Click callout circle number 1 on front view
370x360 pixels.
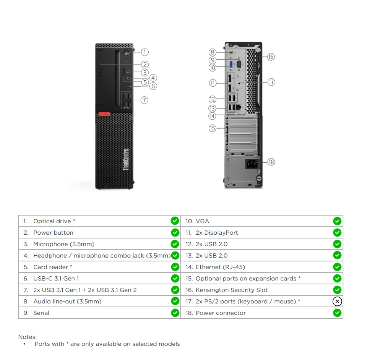[x=144, y=52]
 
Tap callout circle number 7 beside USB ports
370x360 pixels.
[x=144, y=100]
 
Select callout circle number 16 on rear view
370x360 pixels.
[x=271, y=57]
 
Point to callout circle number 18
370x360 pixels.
[x=271, y=162]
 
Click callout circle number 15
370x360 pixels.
[x=213, y=128]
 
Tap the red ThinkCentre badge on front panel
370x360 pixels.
[x=103, y=114]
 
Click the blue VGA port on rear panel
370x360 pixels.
[x=231, y=64]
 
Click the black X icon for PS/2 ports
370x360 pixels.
[x=337, y=302]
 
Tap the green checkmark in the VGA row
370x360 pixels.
[x=337, y=221]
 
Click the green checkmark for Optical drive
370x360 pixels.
[x=175, y=221]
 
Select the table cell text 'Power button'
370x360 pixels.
[x=53, y=233]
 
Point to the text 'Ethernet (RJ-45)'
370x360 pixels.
[x=220, y=267]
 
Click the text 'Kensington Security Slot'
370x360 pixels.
[x=232, y=290]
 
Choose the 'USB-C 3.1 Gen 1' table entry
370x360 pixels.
[x=56, y=279]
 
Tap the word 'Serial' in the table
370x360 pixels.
[x=41, y=313]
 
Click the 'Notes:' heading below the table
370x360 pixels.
[x=28, y=337]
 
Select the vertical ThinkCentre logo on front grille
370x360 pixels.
[x=126, y=160]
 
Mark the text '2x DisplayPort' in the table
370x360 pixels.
[x=217, y=233]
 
